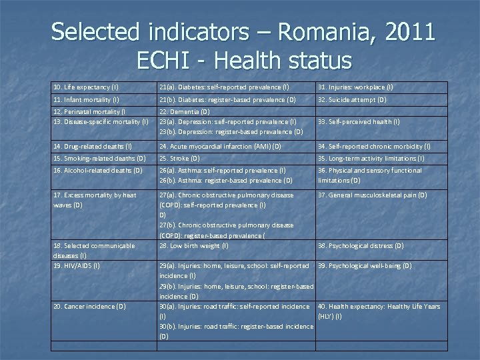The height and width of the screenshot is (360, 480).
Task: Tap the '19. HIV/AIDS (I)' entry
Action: pyautogui.click(x=77, y=265)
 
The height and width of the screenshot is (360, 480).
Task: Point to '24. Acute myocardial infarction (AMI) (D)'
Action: pyautogui.click(x=220, y=146)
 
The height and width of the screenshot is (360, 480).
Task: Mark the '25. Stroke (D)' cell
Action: pyautogui.click(x=179, y=158)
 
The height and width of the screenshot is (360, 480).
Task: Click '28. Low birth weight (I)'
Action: pyautogui.click(x=193, y=245)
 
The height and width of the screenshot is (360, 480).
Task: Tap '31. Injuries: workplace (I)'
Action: pyautogui.click(x=355, y=87)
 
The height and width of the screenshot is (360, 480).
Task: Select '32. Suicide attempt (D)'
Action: pyautogui.click(x=352, y=99)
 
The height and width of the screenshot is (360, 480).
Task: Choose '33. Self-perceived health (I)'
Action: pyautogui.click(x=359, y=121)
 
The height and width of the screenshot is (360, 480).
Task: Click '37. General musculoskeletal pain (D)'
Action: pyautogui.click(x=372, y=195)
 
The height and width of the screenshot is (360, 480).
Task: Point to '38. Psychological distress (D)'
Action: pyautogui.click(x=361, y=245)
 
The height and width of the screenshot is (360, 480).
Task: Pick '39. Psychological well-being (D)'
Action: pyautogui.click(x=365, y=265)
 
